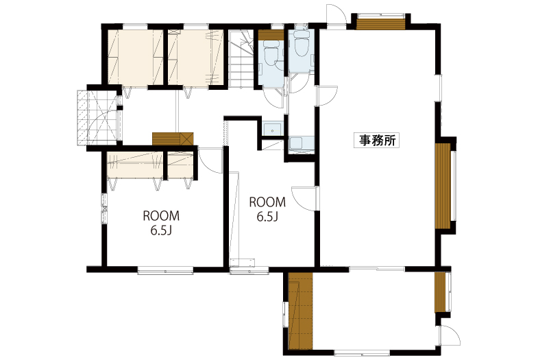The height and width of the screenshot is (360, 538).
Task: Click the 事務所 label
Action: [x=377, y=140]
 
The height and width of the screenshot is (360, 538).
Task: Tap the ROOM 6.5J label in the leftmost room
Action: [x=161, y=223]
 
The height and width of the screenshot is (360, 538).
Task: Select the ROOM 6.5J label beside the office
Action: [x=267, y=209]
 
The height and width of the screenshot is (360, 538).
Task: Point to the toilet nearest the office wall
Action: [x=300, y=45]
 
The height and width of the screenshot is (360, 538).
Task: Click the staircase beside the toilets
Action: [x=241, y=59]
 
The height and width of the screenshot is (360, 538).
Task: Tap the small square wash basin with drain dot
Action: [x=273, y=129]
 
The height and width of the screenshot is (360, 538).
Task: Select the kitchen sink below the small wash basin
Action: [x=302, y=143]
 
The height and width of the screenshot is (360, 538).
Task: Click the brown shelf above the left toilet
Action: [x=271, y=36]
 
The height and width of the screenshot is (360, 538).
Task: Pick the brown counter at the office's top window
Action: [x=380, y=24]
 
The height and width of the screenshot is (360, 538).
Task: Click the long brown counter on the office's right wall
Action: [x=443, y=186]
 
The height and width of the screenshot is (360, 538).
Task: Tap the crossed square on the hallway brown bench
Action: [x=187, y=139]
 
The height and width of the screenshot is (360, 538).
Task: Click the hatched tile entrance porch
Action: [x=97, y=118]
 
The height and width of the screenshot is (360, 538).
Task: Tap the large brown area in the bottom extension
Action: [x=301, y=311]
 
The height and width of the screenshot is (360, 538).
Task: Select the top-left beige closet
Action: [x=135, y=57]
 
